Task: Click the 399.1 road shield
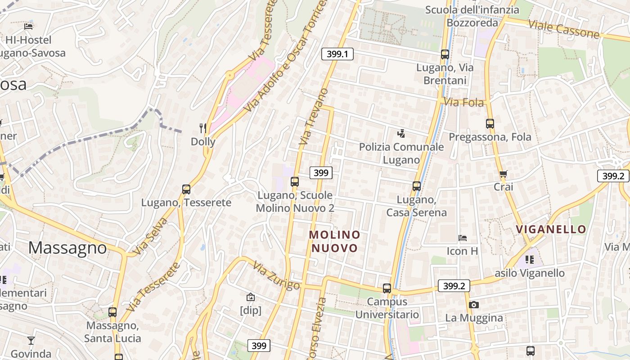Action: click(x=337, y=54)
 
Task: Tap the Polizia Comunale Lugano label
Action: click(x=401, y=153)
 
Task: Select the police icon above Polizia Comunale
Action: click(x=401, y=133)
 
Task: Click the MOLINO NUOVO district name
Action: click(x=334, y=241)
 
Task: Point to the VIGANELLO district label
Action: click(x=551, y=229)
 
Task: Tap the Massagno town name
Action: click(x=68, y=248)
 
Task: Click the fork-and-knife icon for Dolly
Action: click(x=203, y=129)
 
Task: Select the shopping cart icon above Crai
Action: click(x=503, y=174)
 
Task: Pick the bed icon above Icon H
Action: click(x=463, y=238)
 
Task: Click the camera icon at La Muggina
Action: click(x=473, y=305)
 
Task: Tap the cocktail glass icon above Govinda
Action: click(x=31, y=340)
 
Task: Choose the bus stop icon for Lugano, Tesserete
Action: click(x=186, y=189)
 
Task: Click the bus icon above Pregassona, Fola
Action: click(x=490, y=123)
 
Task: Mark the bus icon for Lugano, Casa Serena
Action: click(x=417, y=186)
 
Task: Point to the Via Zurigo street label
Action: click(x=276, y=275)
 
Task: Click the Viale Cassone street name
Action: click(x=564, y=28)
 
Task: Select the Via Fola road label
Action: click(x=464, y=103)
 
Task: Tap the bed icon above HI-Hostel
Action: click(x=29, y=27)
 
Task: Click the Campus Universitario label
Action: click(x=387, y=308)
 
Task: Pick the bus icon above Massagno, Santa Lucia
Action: click(x=112, y=312)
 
